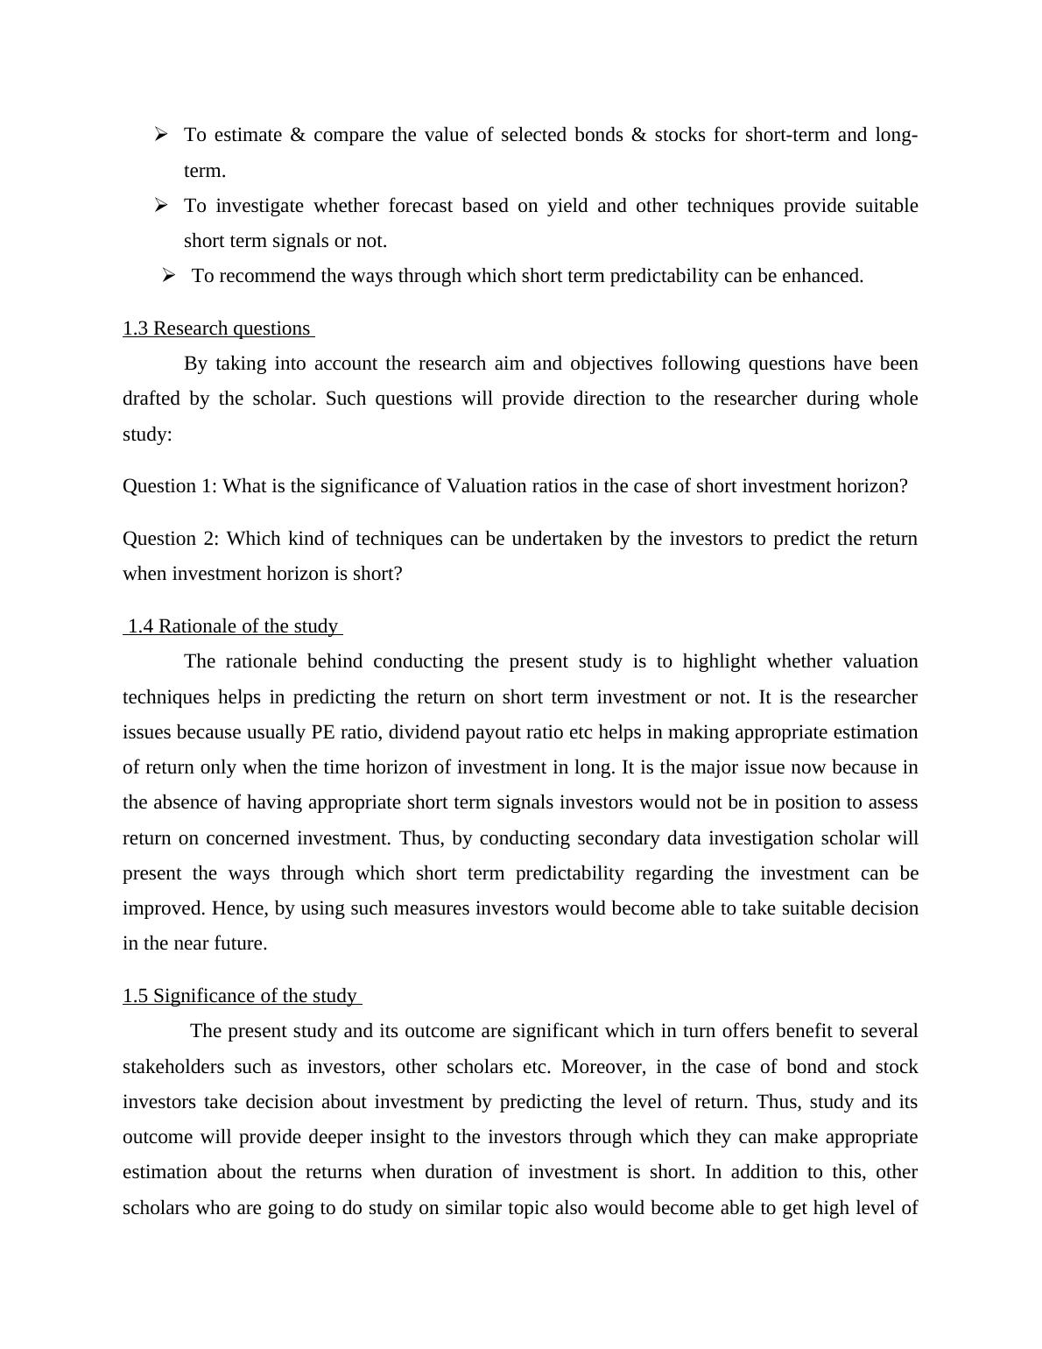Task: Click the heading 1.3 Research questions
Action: point(217,328)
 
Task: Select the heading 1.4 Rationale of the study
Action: point(233,626)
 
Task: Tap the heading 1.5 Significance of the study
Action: point(240,996)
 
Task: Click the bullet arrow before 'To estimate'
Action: point(161,134)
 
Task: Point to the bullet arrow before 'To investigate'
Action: point(161,205)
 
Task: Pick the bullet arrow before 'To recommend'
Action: point(170,275)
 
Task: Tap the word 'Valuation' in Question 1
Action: point(487,486)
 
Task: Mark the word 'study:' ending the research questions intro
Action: point(147,434)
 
